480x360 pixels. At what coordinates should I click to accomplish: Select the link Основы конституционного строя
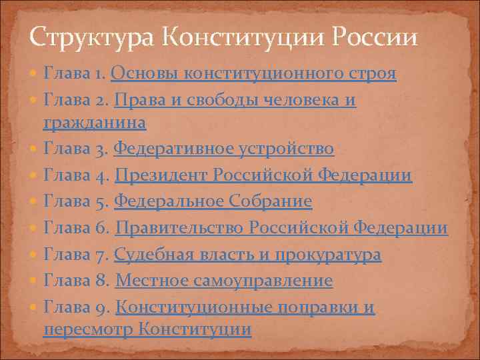[254, 74]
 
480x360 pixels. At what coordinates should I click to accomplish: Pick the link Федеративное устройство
[224, 148]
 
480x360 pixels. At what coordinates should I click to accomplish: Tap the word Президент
[162, 175]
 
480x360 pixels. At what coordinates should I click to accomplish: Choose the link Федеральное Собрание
[213, 201]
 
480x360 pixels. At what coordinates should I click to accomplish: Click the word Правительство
[179, 228]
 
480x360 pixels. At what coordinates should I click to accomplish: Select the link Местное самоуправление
[224, 281]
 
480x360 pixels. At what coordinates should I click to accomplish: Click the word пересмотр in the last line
[93, 329]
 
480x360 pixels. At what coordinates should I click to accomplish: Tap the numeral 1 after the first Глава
[102, 74]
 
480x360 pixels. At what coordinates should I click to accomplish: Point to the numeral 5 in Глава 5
[102, 201]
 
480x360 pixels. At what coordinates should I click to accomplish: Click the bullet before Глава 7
[34, 255]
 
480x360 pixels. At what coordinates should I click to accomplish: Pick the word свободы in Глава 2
[212, 100]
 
